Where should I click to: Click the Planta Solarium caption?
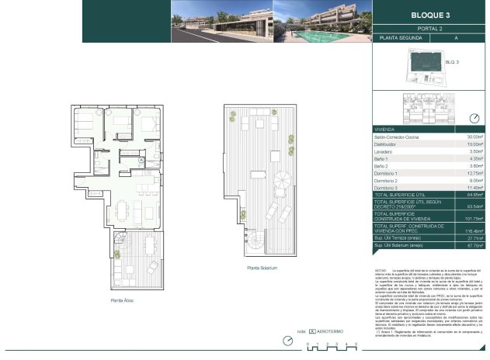coord(262,268)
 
